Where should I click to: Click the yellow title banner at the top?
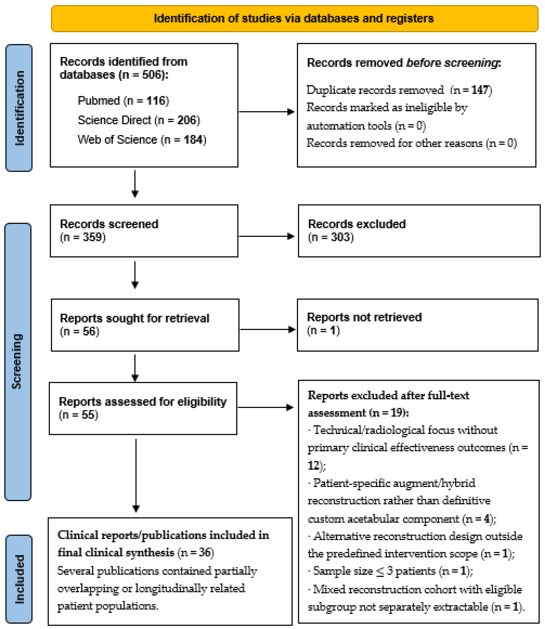tap(294, 18)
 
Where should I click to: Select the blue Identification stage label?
tap(19, 108)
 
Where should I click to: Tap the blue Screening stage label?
tap(18, 362)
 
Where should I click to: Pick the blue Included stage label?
tap(19, 579)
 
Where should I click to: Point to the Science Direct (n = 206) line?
tap(139, 120)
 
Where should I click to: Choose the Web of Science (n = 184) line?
tap(142, 140)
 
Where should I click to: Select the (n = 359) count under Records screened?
tap(83, 237)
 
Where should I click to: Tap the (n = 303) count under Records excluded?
tap(331, 237)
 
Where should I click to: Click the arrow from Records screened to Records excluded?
tap(267, 236)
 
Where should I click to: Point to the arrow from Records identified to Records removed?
tap(267, 112)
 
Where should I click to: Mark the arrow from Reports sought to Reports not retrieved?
tap(268, 329)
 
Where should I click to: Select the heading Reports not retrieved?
tap(364, 317)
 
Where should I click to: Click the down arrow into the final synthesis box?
tap(136, 475)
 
